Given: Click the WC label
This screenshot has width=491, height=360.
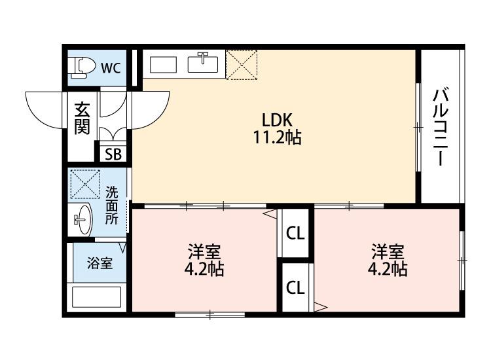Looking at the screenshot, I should (110, 67).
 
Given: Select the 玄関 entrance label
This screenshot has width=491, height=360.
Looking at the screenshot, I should (81, 118).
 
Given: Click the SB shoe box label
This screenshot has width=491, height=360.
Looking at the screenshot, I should (113, 155).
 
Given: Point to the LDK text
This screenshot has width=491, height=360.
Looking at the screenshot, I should (276, 120).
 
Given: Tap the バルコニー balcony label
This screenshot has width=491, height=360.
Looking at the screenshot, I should (441, 126).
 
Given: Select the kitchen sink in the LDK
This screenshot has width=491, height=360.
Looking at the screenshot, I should (204, 63).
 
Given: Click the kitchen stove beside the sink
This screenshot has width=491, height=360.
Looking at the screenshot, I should (164, 64).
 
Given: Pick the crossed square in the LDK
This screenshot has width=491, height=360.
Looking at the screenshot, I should (242, 63).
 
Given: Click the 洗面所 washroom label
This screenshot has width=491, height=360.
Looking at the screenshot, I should (112, 206).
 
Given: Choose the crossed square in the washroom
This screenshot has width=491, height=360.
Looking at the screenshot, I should (84, 184).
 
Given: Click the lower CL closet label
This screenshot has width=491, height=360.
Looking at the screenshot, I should (296, 288).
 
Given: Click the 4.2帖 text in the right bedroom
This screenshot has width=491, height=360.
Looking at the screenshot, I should (387, 269).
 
